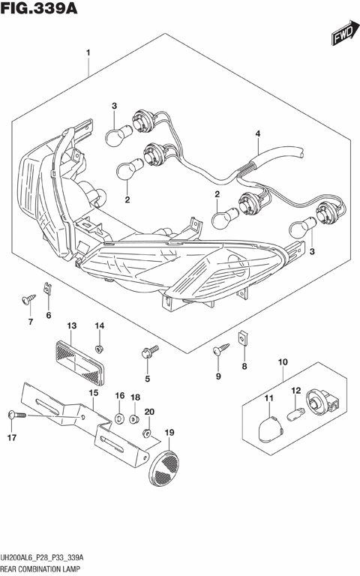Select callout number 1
88,53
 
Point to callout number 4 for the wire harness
257,134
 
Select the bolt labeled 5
150,350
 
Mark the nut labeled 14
100,347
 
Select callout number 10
283,363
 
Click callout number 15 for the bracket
94,392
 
